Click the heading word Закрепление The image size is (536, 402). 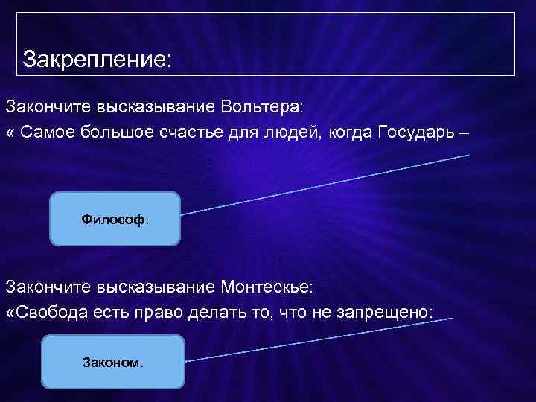point(96,57)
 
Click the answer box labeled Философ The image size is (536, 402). point(115,219)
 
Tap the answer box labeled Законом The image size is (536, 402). point(112,363)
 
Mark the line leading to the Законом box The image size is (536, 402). point(320,339)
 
